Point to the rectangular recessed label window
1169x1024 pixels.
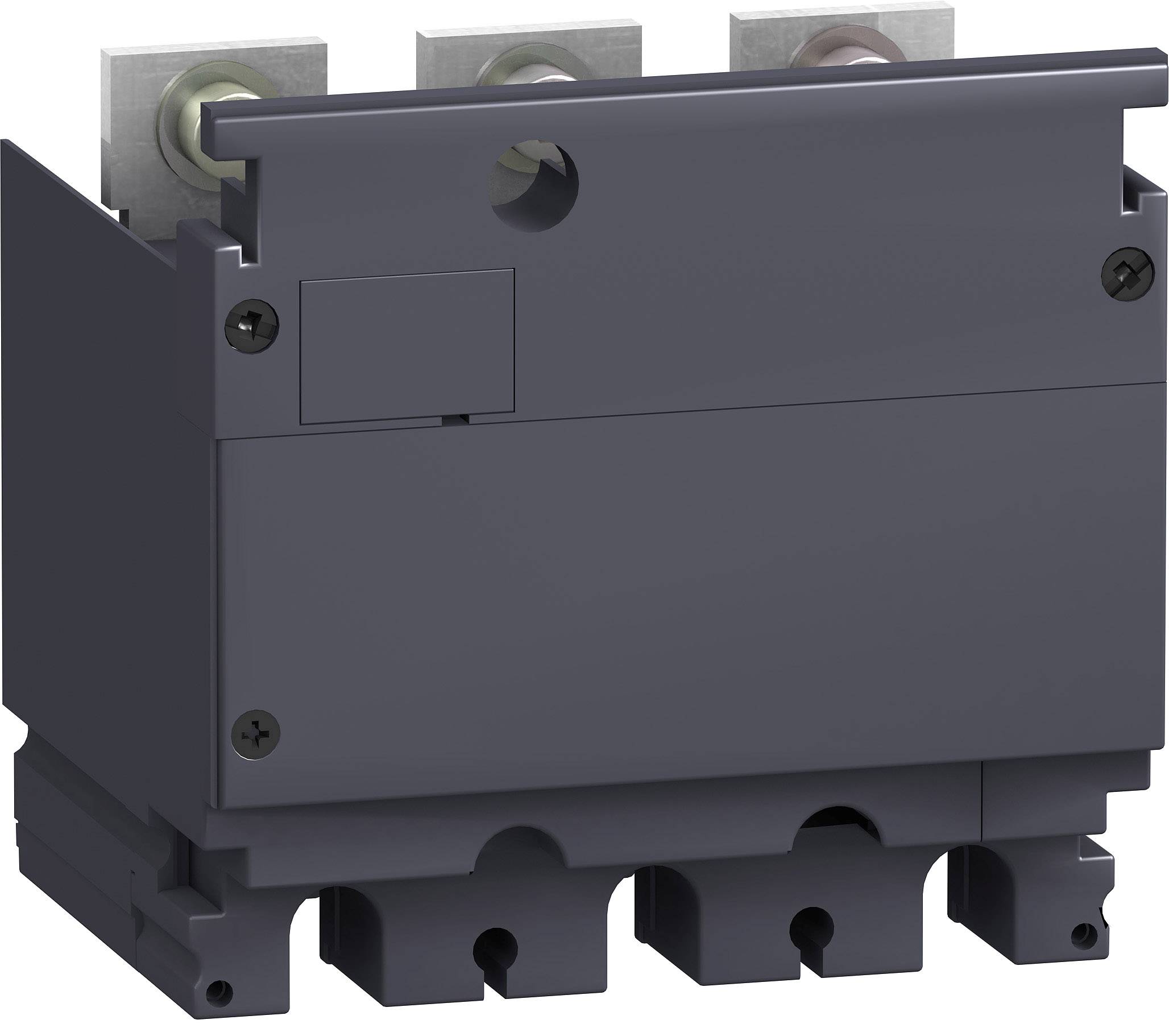click(407, 346)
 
